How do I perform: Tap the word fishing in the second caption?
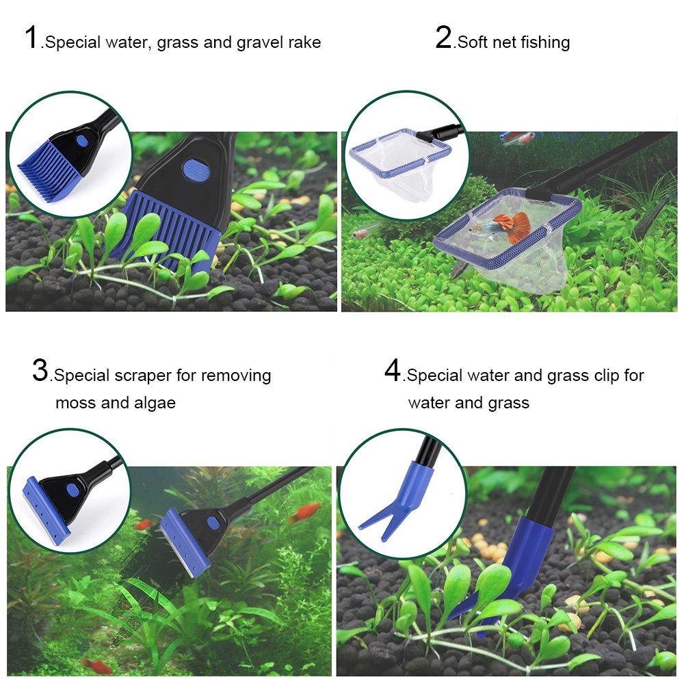545,42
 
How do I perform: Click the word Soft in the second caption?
473,42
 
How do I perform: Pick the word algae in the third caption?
155,403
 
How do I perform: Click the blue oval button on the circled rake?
82,140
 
